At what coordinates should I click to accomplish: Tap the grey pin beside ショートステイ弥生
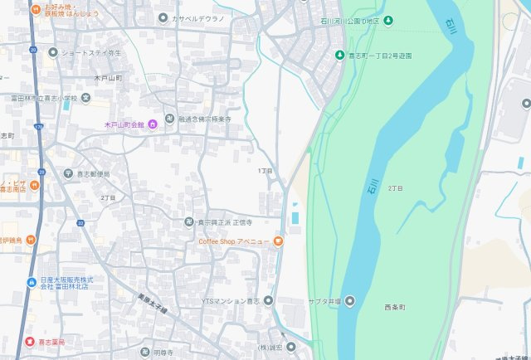pos(53,52)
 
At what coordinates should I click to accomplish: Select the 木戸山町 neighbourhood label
pos(108,77)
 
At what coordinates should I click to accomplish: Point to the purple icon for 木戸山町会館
pos(153,124)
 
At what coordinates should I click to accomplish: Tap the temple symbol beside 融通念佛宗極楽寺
pos(169,119)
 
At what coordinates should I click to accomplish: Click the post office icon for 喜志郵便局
pos(67,173)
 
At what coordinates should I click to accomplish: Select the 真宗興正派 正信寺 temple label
pos(224,222)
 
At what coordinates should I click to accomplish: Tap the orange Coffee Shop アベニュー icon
pos(278,241)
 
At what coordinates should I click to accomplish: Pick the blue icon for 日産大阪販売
pos(32,281)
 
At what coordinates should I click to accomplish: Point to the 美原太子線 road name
pos(152,303)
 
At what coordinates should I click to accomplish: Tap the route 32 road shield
pos(80,223)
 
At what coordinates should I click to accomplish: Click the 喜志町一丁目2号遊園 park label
pos(378,56)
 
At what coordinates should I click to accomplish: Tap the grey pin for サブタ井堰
pos(350,299)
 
